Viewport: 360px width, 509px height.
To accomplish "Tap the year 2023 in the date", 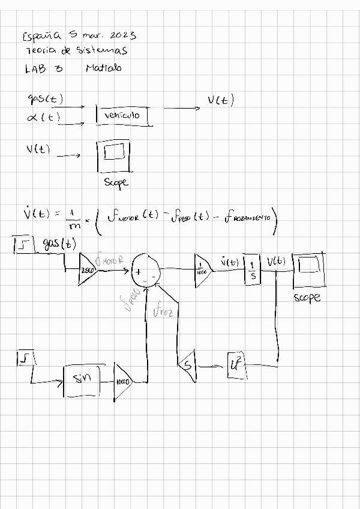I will (122, 35).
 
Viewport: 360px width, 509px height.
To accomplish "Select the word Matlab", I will (103, 68).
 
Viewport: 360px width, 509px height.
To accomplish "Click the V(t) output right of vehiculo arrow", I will (221, 101).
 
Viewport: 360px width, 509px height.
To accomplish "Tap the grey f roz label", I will (163, 311).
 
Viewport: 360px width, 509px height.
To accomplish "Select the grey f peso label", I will (131, 298).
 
